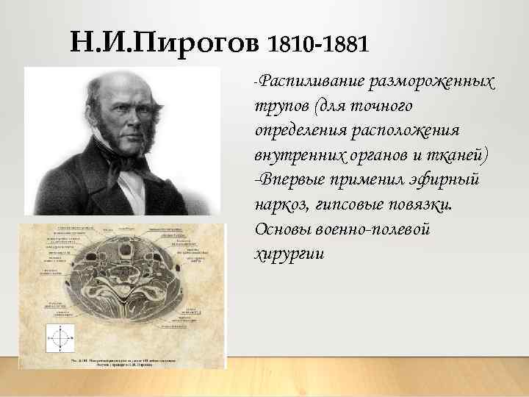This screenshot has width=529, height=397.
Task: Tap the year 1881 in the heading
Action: pos(340,46)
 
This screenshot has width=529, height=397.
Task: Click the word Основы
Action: pos(280,229)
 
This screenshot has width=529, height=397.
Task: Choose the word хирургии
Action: pos(287,254)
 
